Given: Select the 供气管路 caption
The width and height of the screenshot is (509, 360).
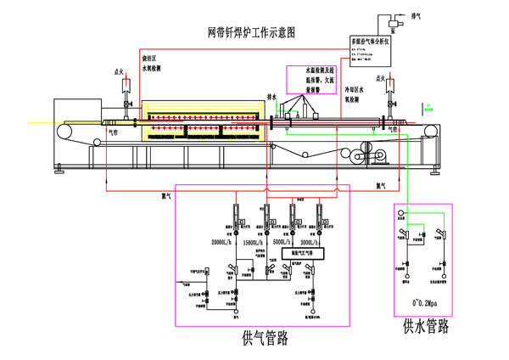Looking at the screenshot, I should pyautogui.click(x=265, y=338).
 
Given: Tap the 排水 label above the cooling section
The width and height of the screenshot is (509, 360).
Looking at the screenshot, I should pyautogui.click(x=272, y=97).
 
